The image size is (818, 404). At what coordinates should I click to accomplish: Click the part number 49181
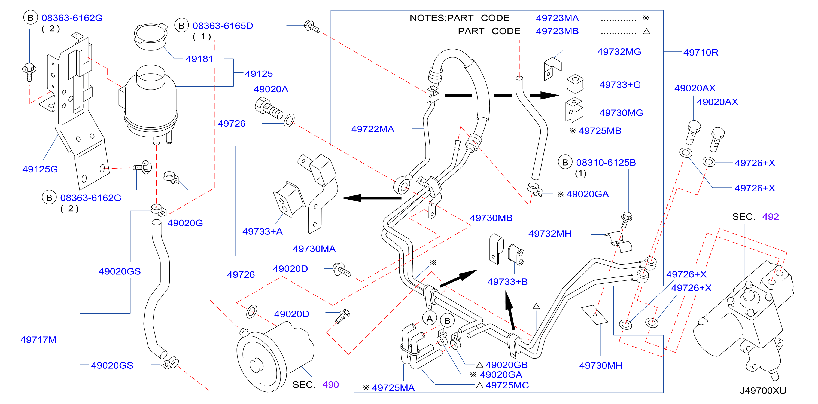199,59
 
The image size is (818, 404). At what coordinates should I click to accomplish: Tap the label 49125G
40,169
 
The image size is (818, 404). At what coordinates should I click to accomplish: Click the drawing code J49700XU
763,391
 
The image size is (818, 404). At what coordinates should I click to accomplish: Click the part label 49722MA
372,129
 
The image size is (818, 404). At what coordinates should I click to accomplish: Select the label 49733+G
620,85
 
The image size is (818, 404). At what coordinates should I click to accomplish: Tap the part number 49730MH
601,365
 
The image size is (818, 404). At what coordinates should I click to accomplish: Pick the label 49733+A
263,231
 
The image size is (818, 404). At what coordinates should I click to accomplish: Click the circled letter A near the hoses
430,318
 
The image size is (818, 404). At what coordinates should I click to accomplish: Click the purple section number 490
331,385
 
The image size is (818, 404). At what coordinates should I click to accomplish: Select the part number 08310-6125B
606,163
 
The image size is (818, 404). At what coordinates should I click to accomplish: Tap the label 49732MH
550,234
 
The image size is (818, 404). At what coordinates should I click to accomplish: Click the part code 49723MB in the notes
557,31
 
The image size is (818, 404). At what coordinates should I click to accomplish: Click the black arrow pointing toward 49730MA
372,198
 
